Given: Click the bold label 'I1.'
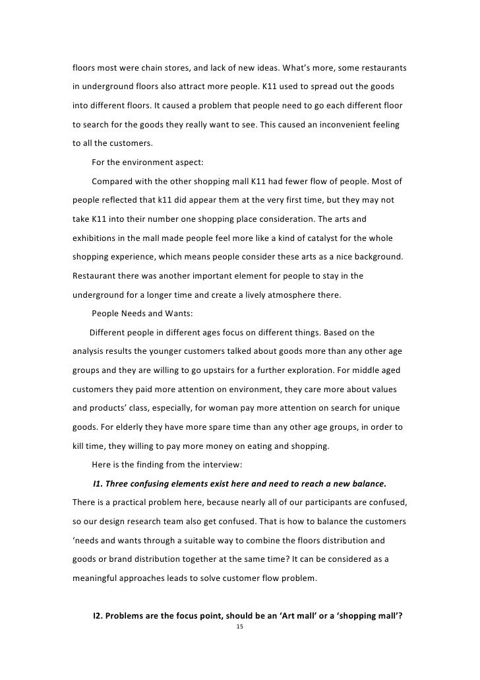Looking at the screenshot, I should pos(100,484).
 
